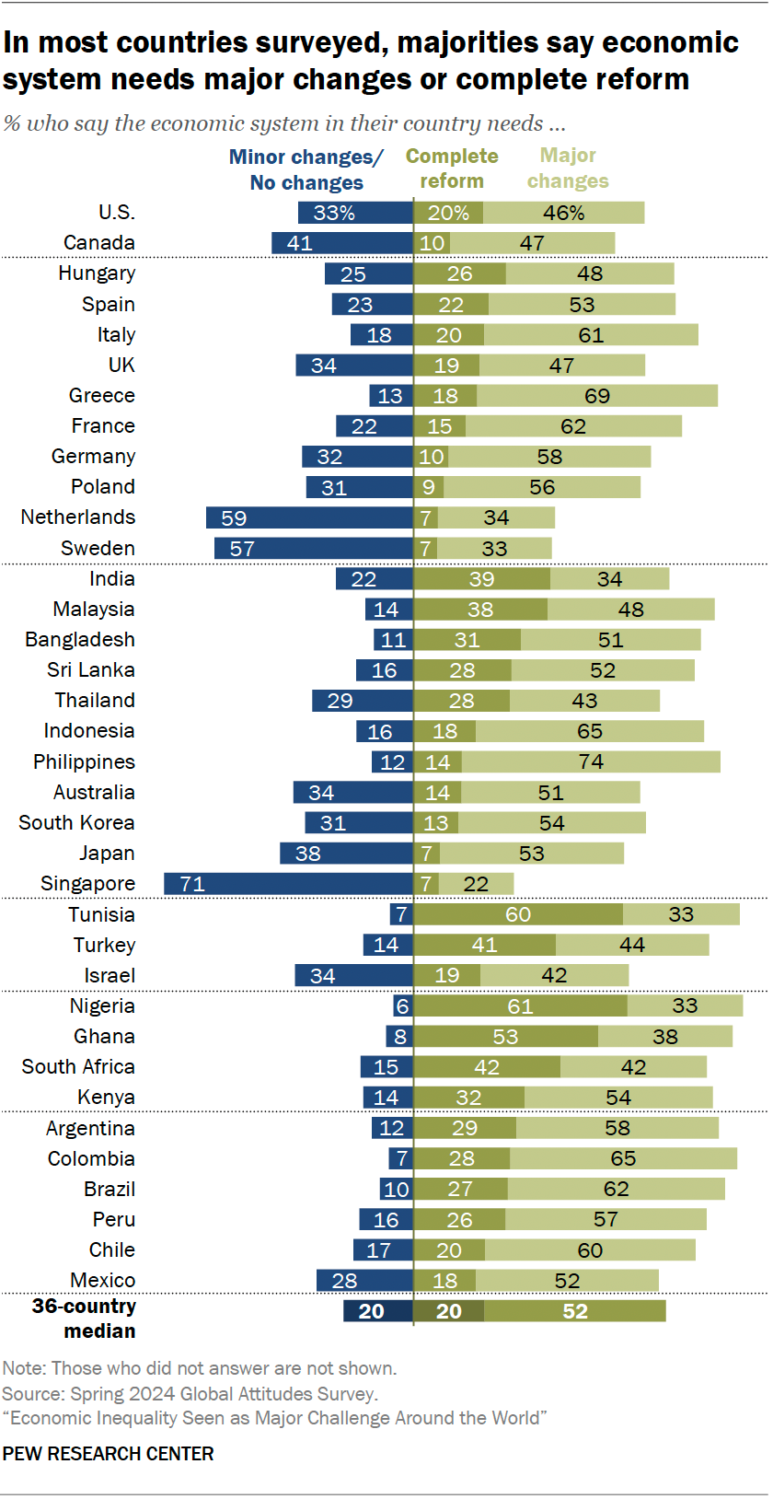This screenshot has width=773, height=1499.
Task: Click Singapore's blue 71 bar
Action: (x=288, y=884)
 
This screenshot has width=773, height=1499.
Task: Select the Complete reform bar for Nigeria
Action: (x=520, y=1006)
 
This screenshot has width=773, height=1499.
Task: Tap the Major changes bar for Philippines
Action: (x=591, y=762)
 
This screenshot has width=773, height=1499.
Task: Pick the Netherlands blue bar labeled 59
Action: (x=309, y=518)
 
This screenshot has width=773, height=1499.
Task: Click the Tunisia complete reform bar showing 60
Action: (x=518, y=914)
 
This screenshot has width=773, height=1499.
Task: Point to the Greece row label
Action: (x=102, y=396)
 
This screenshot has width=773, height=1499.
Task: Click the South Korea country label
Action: (x=77, y=823)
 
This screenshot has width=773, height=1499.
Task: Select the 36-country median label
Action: (x=85, y=1319)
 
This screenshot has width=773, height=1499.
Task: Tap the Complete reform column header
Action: (x=452, y=168)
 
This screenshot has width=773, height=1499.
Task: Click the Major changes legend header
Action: (x=568, y=168)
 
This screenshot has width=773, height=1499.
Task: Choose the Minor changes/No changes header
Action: (x=306, y=169)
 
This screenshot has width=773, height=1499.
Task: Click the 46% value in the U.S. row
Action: (x=563, y=214)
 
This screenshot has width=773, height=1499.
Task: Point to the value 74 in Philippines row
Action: (x=591, y=762)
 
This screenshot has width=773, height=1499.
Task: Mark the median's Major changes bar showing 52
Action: (x=575, y=1311)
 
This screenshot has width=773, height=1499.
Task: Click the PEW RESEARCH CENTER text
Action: (x=109, y=1454)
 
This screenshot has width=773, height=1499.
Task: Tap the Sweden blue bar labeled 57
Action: (x=313, y=549)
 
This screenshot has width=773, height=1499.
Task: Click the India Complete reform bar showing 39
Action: (x=481, y=579)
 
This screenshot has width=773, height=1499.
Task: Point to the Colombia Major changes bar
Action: (x=623, y=1158)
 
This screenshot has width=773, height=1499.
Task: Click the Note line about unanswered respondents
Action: (x=200, y=1368)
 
